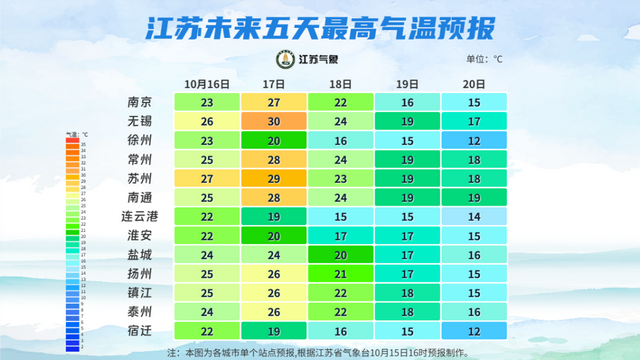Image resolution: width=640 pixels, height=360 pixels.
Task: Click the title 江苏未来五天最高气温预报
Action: (320, 26)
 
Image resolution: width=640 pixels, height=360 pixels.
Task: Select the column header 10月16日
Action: (207, 83)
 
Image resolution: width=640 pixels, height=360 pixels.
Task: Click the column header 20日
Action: (474, 83)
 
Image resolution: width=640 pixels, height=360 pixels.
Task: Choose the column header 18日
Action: (340, 83)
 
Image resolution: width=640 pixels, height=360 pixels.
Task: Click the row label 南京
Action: (139, 102)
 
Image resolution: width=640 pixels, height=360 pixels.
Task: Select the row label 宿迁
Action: (139, 330)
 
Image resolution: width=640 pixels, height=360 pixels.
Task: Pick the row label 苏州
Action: (139, 178)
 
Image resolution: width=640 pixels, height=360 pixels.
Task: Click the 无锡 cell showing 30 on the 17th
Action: (274, 121)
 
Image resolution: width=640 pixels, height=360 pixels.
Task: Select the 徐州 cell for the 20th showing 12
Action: (474, 140)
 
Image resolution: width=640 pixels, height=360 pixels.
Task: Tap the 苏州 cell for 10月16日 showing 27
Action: (207, 178)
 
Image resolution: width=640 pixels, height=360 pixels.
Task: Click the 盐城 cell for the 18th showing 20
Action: (340, 254)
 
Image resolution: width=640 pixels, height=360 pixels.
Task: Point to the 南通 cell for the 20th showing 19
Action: (474, 197)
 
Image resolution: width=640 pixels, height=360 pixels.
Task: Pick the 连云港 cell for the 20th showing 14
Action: (474, 216)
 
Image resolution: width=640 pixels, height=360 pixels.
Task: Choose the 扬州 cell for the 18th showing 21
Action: (340, 273)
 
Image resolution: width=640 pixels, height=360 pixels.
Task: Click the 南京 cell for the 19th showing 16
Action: (407, 102)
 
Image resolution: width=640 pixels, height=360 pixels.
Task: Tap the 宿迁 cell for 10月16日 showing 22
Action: (207, 330)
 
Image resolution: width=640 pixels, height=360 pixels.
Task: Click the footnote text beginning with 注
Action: (320, 352)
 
